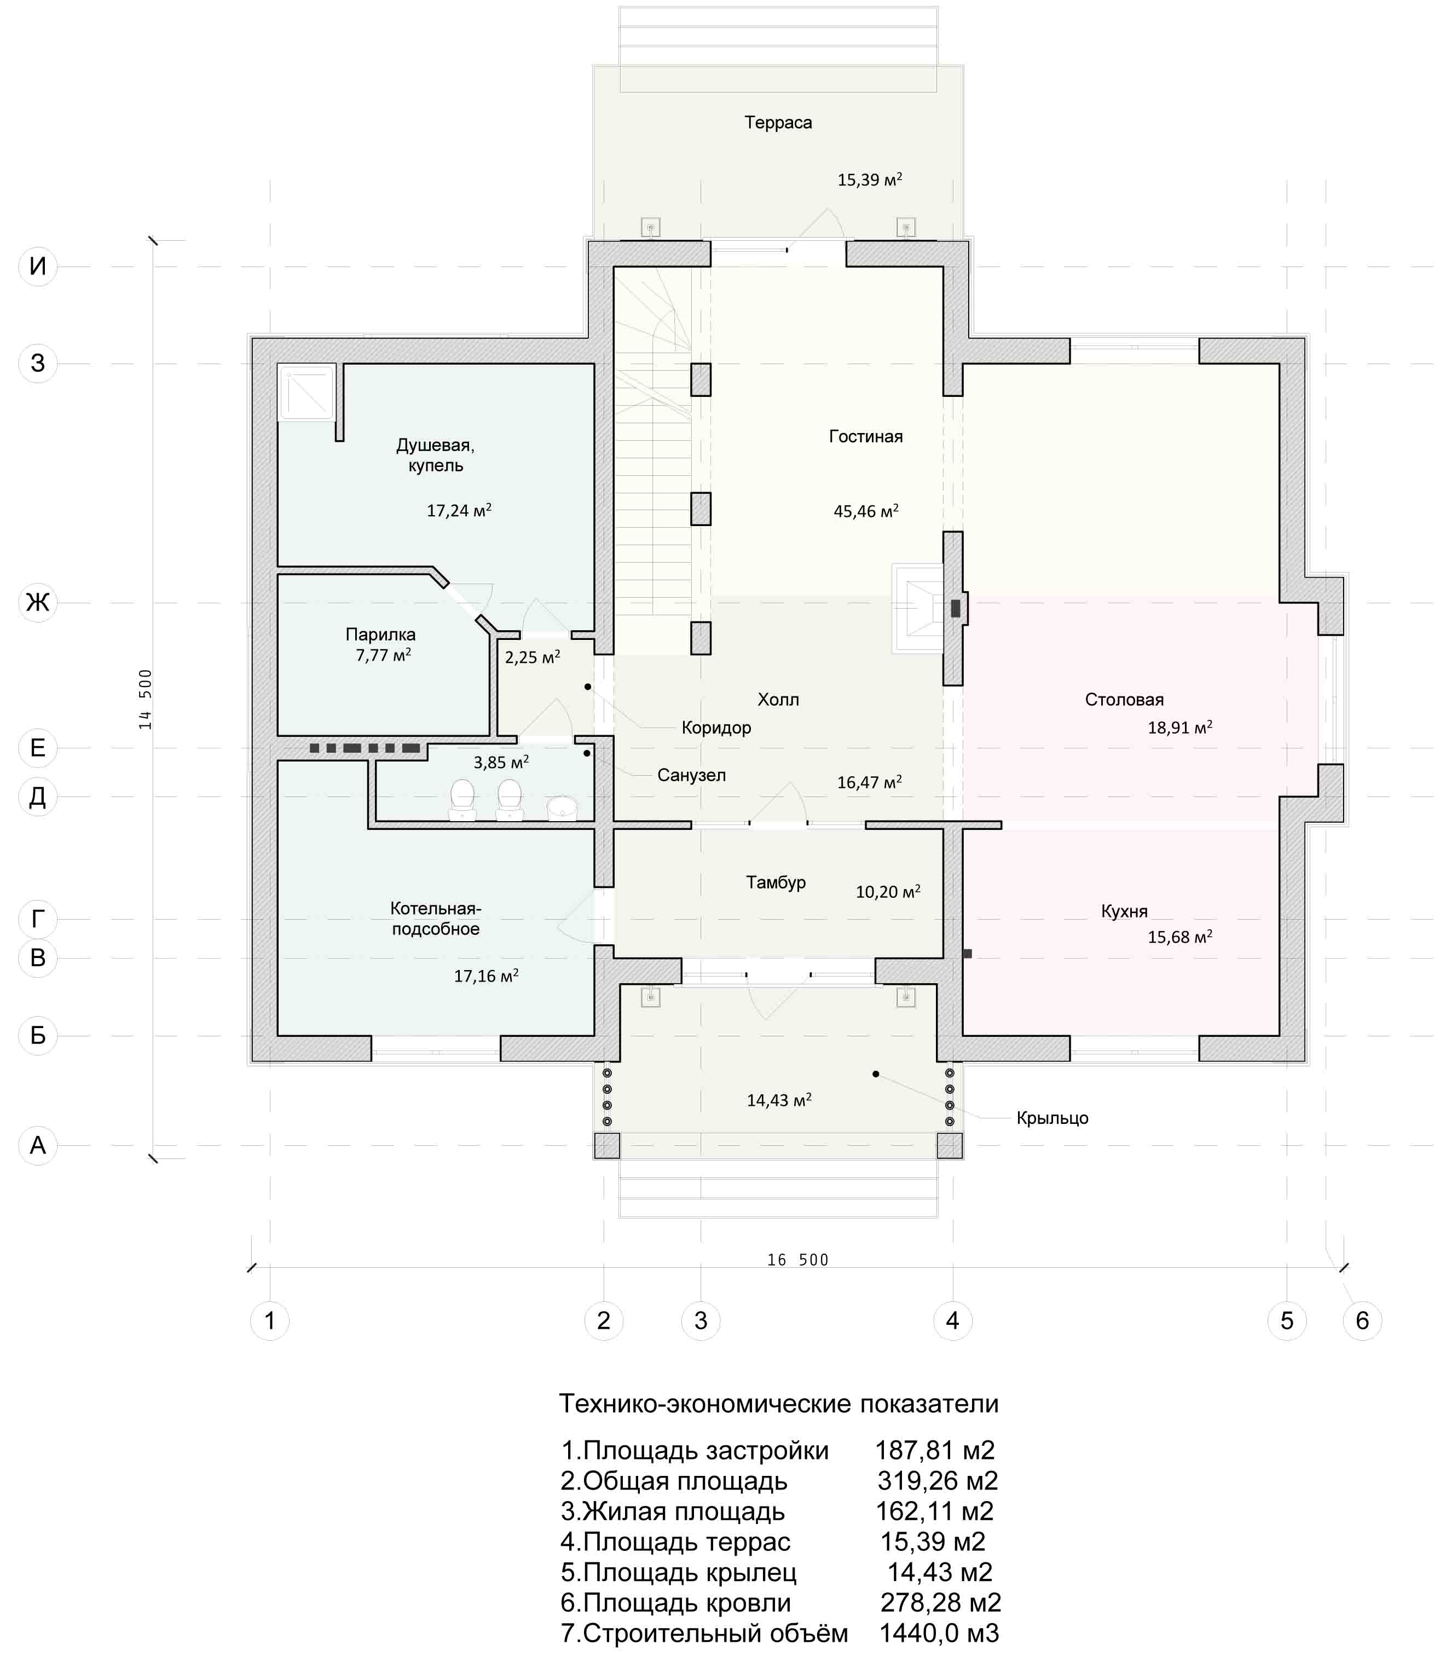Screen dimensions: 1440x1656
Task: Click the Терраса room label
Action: click(x=778, y=123)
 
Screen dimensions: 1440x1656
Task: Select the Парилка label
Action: click(x=381, y=635)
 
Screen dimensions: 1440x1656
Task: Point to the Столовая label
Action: click(x=1124, y=700)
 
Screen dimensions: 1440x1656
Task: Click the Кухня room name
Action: click(x=1124, y=911)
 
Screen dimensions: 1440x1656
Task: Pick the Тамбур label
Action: click(x=776, y=882)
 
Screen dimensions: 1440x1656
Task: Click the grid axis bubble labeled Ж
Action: click(x=38, y=602)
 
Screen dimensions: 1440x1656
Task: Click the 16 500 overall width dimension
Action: click(x=797, y=1260)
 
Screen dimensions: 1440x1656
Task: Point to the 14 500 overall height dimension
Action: click(x=146, y=700)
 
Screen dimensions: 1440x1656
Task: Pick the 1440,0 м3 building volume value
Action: click(x=939, y=1632)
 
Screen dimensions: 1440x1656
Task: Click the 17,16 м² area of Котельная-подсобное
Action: click(x=486, y=977)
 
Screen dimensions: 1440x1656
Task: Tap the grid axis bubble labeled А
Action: click(x=38, y=1145)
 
